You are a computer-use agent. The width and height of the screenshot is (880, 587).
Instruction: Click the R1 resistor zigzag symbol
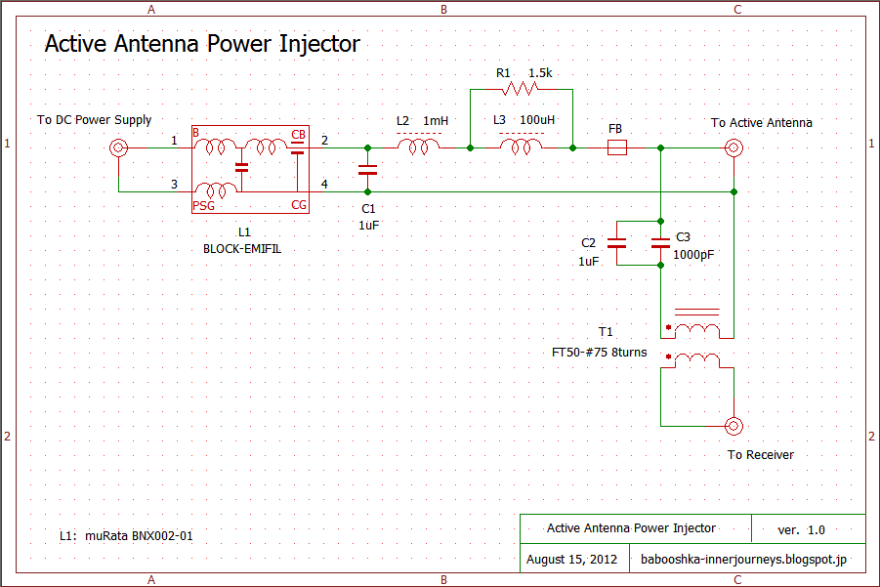(521, 89)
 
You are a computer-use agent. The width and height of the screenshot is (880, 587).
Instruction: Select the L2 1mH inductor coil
(419, 147)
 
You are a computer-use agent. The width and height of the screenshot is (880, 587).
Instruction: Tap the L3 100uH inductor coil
(522, 147)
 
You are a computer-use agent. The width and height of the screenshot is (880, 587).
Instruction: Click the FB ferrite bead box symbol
(616, 147)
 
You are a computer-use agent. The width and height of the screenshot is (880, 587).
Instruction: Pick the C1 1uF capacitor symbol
(367, 170)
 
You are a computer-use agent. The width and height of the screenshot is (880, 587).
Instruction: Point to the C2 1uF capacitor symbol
(616, 243)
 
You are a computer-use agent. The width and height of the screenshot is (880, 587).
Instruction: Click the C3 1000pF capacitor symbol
(661, 243)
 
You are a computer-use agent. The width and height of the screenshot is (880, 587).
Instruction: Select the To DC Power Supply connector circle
(118, 148)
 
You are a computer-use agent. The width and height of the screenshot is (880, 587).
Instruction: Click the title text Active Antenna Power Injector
(202, 44)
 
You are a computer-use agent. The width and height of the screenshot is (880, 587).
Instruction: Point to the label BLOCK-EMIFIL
(244, 250)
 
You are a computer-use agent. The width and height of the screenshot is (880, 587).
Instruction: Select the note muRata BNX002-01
(145, 535)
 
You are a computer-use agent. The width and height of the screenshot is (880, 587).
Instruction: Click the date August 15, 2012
(571, 560)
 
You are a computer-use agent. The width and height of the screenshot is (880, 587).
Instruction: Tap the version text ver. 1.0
(801, 529)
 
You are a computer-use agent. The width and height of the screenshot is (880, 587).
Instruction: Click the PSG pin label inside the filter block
(203, 205)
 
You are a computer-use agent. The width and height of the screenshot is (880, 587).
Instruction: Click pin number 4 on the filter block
(324, 184)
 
